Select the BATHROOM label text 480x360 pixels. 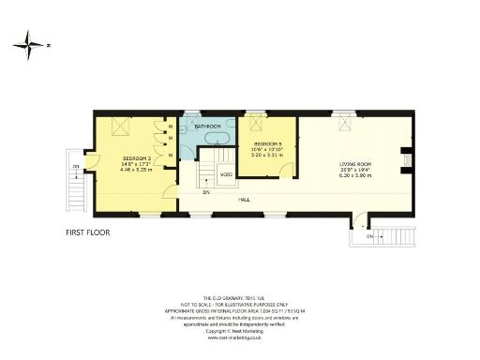click(x=207, y=126)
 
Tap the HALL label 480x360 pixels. click(x=244, y=200)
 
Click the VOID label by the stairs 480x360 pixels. click(x=226, y=174)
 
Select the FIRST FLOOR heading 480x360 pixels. click(x=87, y=231)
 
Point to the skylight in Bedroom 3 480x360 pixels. click(x=120, y=127)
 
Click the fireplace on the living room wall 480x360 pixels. click(x=405, y=161)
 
